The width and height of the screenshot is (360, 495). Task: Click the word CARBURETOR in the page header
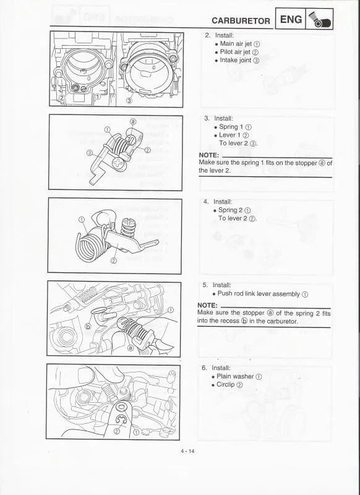(x=240, y=20)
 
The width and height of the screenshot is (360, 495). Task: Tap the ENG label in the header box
(x=291, y=20)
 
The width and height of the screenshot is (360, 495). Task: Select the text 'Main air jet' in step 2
(x=236, y=44)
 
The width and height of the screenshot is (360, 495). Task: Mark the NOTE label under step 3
(x=208, y=155)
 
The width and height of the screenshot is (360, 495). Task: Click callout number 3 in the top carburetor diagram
(x=129, y=100)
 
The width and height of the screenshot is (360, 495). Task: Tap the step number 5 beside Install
(x=205, y=285)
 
